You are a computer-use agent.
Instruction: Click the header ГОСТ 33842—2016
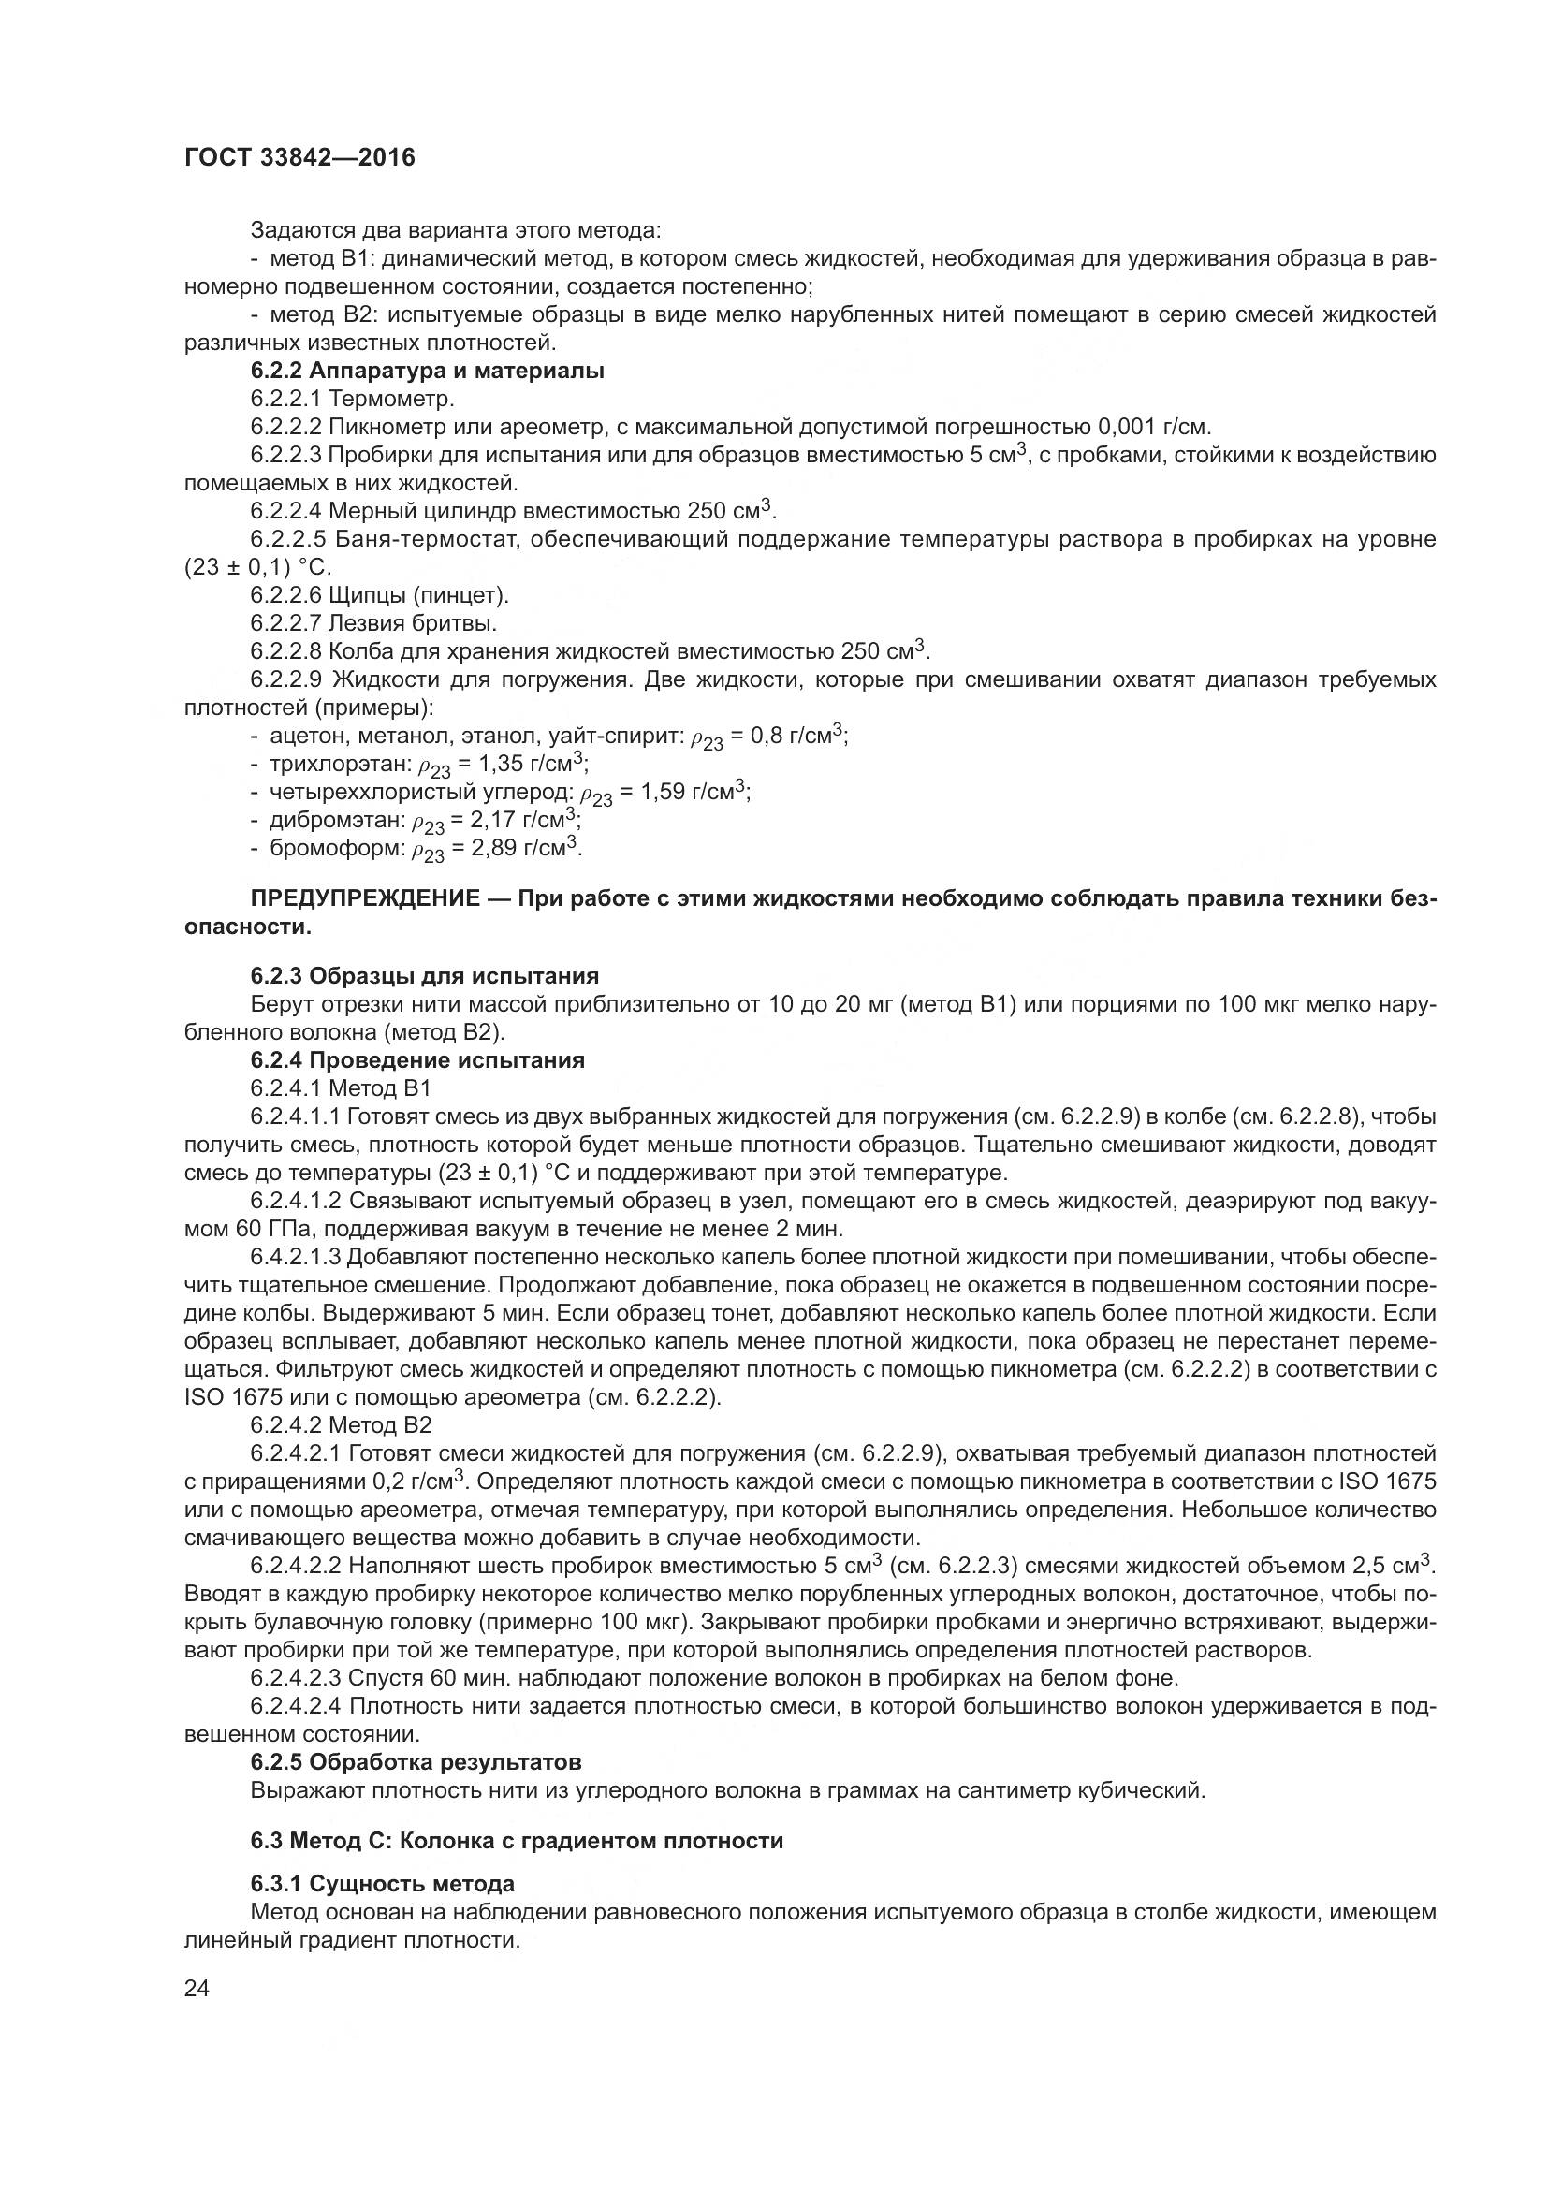click(299, 157)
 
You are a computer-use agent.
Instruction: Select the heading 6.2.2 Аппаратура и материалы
click(427, 371)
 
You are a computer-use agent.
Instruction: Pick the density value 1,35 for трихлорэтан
click(479, 764)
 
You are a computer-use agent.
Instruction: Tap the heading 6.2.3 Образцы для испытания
click(424, 975)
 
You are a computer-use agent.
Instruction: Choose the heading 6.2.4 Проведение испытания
click(417, 1060)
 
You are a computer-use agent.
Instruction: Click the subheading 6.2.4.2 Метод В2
click(341, 1425)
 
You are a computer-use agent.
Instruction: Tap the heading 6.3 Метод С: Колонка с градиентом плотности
click(517, 1840)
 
